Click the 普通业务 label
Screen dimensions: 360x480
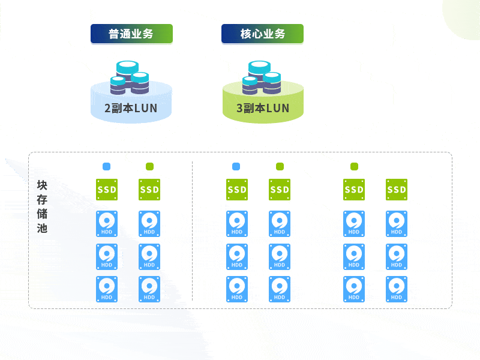click(x=131, y=34)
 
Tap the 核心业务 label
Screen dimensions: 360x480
click(x=262, y=34)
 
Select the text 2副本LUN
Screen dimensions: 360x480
click(x=131, y=109)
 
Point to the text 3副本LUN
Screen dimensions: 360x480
click(x=263, y=109)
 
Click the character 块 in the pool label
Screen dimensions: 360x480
click(x=42, y=185)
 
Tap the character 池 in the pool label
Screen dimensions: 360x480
click(x=42, y=228)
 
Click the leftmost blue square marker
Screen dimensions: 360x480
click(x=107, y=166)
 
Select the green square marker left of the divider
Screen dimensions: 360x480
click(x=149, y=166)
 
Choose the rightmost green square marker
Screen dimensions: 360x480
click(x=354, y=166)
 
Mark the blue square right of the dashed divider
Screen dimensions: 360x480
click(x=236, y=166)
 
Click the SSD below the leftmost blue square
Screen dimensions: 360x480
click(x=107, y=190)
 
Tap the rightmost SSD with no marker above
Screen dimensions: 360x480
click(x=397, y=190)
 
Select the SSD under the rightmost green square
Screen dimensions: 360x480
click(x=354, y=190)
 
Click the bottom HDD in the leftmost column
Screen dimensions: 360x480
click(x=107, y=289)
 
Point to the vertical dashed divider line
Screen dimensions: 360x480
click(x=192, y=234)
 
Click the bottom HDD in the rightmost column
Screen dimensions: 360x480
click(x=397, y=289)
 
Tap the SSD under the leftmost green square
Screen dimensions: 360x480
click(x=149, y=190)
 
